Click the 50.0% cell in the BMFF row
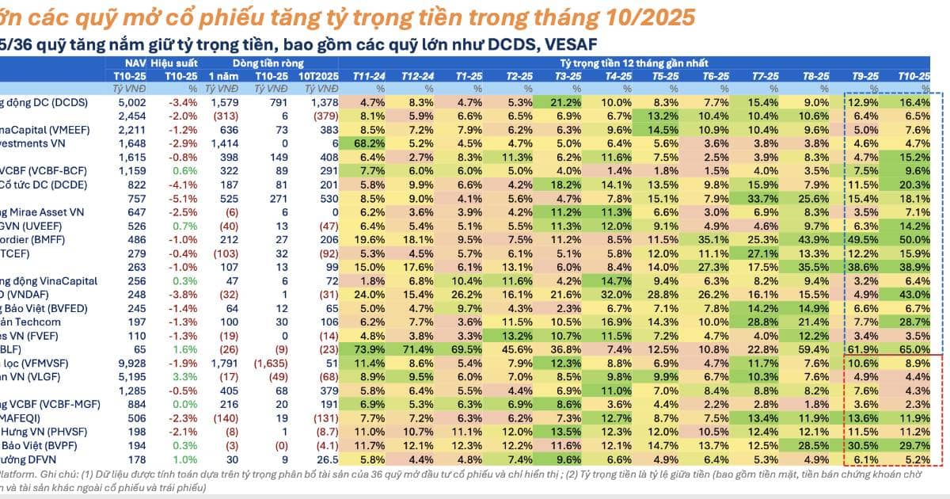click(914, 238)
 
